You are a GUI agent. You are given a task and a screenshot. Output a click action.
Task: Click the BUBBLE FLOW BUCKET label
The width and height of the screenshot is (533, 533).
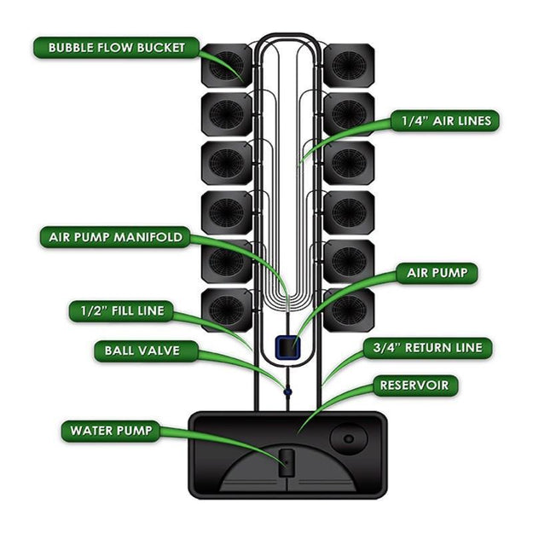117,47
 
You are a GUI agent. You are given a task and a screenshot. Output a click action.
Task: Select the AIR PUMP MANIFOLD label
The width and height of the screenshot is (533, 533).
110,237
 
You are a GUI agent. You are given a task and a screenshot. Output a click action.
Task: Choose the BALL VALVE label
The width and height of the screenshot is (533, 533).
142,350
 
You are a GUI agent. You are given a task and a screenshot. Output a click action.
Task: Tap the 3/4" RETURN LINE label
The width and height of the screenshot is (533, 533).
427,347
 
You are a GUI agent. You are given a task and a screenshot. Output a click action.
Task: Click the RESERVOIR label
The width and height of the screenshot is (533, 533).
413,385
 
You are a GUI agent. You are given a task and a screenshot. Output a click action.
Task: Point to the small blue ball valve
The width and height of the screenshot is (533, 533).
287,392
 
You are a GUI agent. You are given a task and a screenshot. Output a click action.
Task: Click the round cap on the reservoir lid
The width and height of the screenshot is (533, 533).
348,440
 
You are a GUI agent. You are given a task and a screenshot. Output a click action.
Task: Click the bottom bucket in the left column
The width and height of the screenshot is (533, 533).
227,309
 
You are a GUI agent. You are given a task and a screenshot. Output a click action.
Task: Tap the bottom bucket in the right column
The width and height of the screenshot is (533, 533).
348,309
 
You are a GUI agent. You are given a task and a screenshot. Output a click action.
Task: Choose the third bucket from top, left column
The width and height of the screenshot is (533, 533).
227,162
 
